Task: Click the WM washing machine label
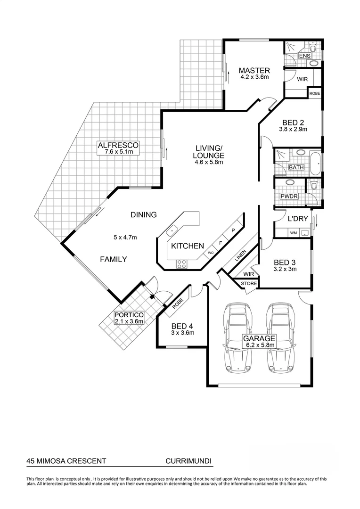click(x=293, y=233)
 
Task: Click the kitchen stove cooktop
click(x=181, y=264)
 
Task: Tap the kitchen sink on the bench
click(x=172, y=230)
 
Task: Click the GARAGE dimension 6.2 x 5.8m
click(x=259, y=345)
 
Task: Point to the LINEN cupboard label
click(x=240, y=257)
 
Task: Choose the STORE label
click(x=249, y=284)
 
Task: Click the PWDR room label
click(x=289, y=196)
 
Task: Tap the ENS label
click(x=305, y=56)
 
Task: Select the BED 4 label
click(x=182, y=326)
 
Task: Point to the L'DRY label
click(x=298, y=219)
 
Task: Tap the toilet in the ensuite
click(x=314, y=49)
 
